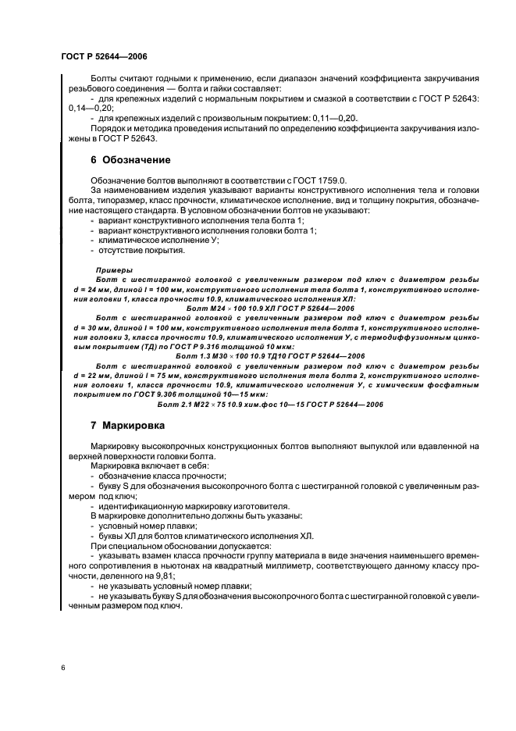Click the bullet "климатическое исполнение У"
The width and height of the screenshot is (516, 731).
159,241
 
